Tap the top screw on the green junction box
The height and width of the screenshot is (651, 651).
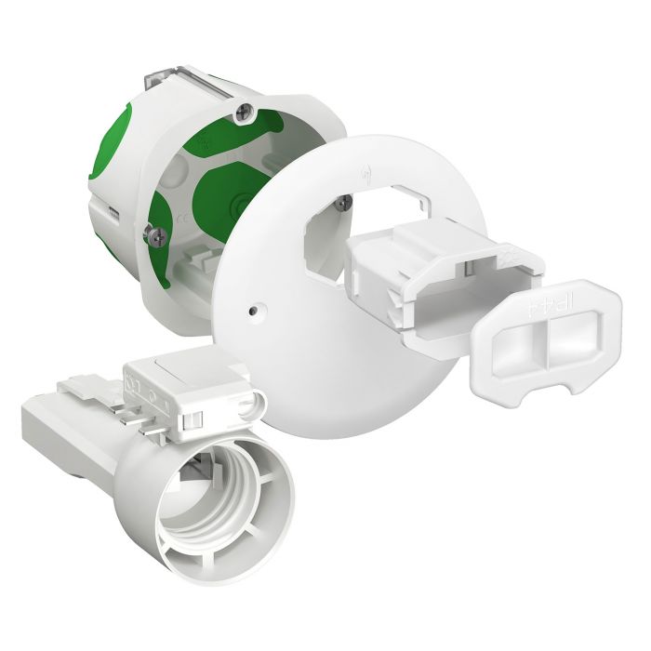pyautogui.click(x=243, y=112)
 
